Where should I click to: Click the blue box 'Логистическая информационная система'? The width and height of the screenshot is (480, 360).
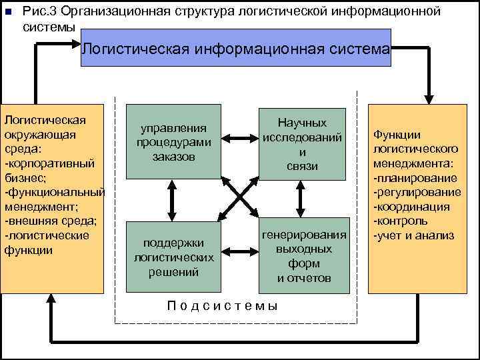coord(236,49)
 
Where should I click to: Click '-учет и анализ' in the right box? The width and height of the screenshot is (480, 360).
coord(413,235)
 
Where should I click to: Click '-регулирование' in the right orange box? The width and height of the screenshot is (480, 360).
coord(417,192)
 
